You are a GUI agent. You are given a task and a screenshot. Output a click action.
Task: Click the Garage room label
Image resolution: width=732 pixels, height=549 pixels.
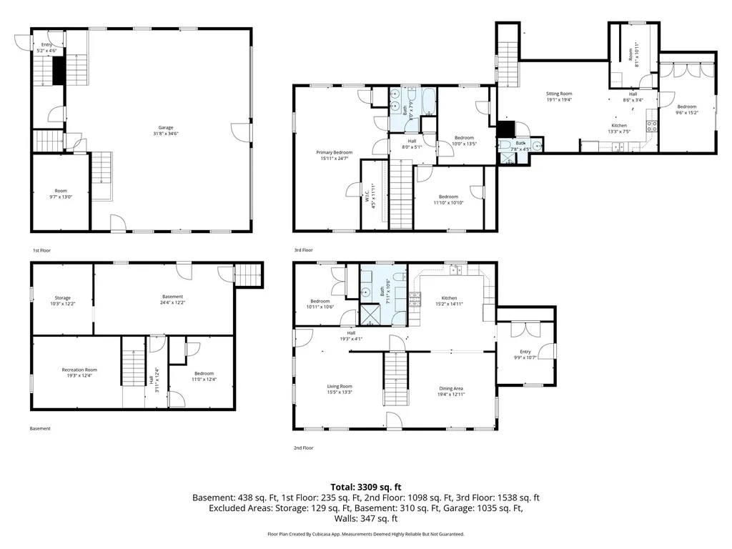(x=165, y=128)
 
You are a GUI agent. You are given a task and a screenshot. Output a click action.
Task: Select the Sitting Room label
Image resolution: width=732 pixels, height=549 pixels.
(x=559, y=94)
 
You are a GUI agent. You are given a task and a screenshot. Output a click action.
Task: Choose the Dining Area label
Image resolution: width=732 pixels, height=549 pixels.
(x=452, y=387)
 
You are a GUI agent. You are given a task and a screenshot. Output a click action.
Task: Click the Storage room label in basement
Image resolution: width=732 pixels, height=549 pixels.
(x=62, y=297)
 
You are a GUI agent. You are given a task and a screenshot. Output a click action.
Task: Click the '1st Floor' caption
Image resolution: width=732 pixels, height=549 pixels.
(x=42, y=251)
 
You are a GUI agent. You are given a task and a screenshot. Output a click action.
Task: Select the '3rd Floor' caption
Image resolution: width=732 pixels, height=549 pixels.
(x=303, y=250)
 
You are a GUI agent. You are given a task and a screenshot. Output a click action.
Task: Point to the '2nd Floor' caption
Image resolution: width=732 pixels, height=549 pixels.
(x=303, y=447)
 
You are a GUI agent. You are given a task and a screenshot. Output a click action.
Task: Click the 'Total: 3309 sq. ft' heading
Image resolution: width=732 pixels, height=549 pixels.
(x=365, y=487)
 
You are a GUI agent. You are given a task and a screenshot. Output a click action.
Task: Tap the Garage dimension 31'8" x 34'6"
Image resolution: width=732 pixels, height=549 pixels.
(x=165, y=134)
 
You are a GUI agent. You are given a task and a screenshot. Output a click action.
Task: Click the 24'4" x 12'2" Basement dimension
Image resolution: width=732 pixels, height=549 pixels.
(x=172, y=302)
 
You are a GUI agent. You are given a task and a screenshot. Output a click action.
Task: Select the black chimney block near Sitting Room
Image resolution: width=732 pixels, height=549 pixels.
(x=506, y=129)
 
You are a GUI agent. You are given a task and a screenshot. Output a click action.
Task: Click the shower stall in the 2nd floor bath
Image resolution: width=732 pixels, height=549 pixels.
(x=371, y=315)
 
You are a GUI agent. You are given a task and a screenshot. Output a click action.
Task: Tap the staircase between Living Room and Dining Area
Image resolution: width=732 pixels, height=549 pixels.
(x=395, y=379)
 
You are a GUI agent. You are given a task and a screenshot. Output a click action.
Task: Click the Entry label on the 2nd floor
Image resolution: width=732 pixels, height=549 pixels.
(x=525, y=351)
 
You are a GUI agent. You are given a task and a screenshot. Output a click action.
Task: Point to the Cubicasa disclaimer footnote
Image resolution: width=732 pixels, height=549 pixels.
(x=365, y=534)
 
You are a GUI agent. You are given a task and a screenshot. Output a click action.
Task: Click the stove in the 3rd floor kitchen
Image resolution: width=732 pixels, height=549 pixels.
(x=652, y=127)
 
